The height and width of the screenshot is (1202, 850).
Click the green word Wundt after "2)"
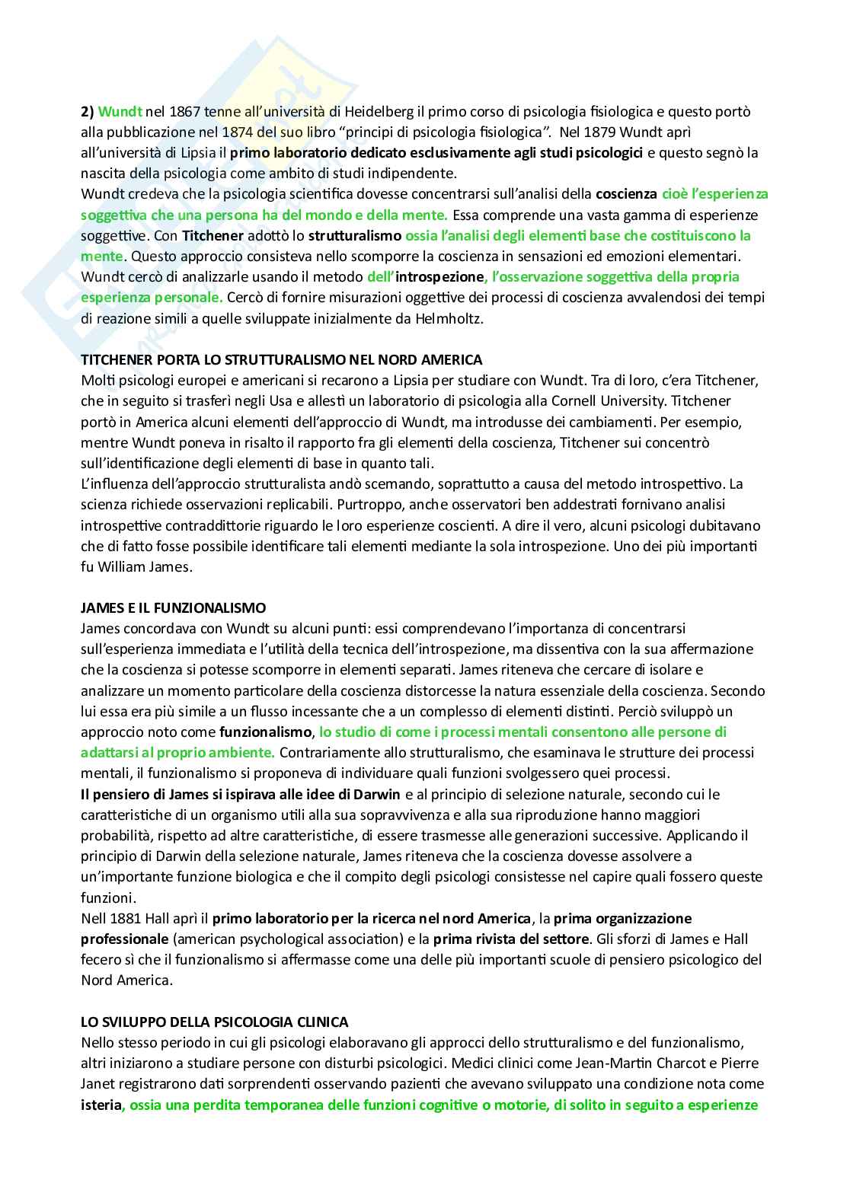pos(117,112)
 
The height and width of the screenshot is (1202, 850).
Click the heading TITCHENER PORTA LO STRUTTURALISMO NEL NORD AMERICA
pos(281,359)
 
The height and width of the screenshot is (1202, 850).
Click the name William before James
pos(125,566)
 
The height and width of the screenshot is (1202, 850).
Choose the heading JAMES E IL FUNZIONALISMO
pos(173,607)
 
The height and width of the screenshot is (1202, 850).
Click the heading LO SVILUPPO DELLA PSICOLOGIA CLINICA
pos(215,1022)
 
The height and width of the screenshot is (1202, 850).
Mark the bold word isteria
pos(101,1104)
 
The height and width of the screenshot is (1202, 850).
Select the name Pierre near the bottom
pos(740,1063)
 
